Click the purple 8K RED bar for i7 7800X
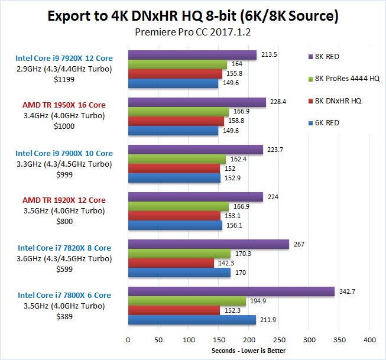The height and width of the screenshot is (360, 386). coord(231,291)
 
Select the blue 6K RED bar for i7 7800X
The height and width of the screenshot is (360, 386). coord(192,320)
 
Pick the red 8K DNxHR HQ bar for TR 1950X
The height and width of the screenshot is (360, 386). coord(176,121)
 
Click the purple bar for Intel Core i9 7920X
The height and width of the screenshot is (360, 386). coord(192,55)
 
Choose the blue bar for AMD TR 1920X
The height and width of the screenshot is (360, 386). coord(175,225)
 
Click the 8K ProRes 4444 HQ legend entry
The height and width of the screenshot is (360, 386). coord(343,79)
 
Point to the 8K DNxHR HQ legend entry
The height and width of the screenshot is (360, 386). coord(338,100)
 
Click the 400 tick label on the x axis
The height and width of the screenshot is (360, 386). coord(370,340)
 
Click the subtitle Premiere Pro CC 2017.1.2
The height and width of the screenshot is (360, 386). coord(193,32)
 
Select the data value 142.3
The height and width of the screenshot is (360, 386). coord(226,263)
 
